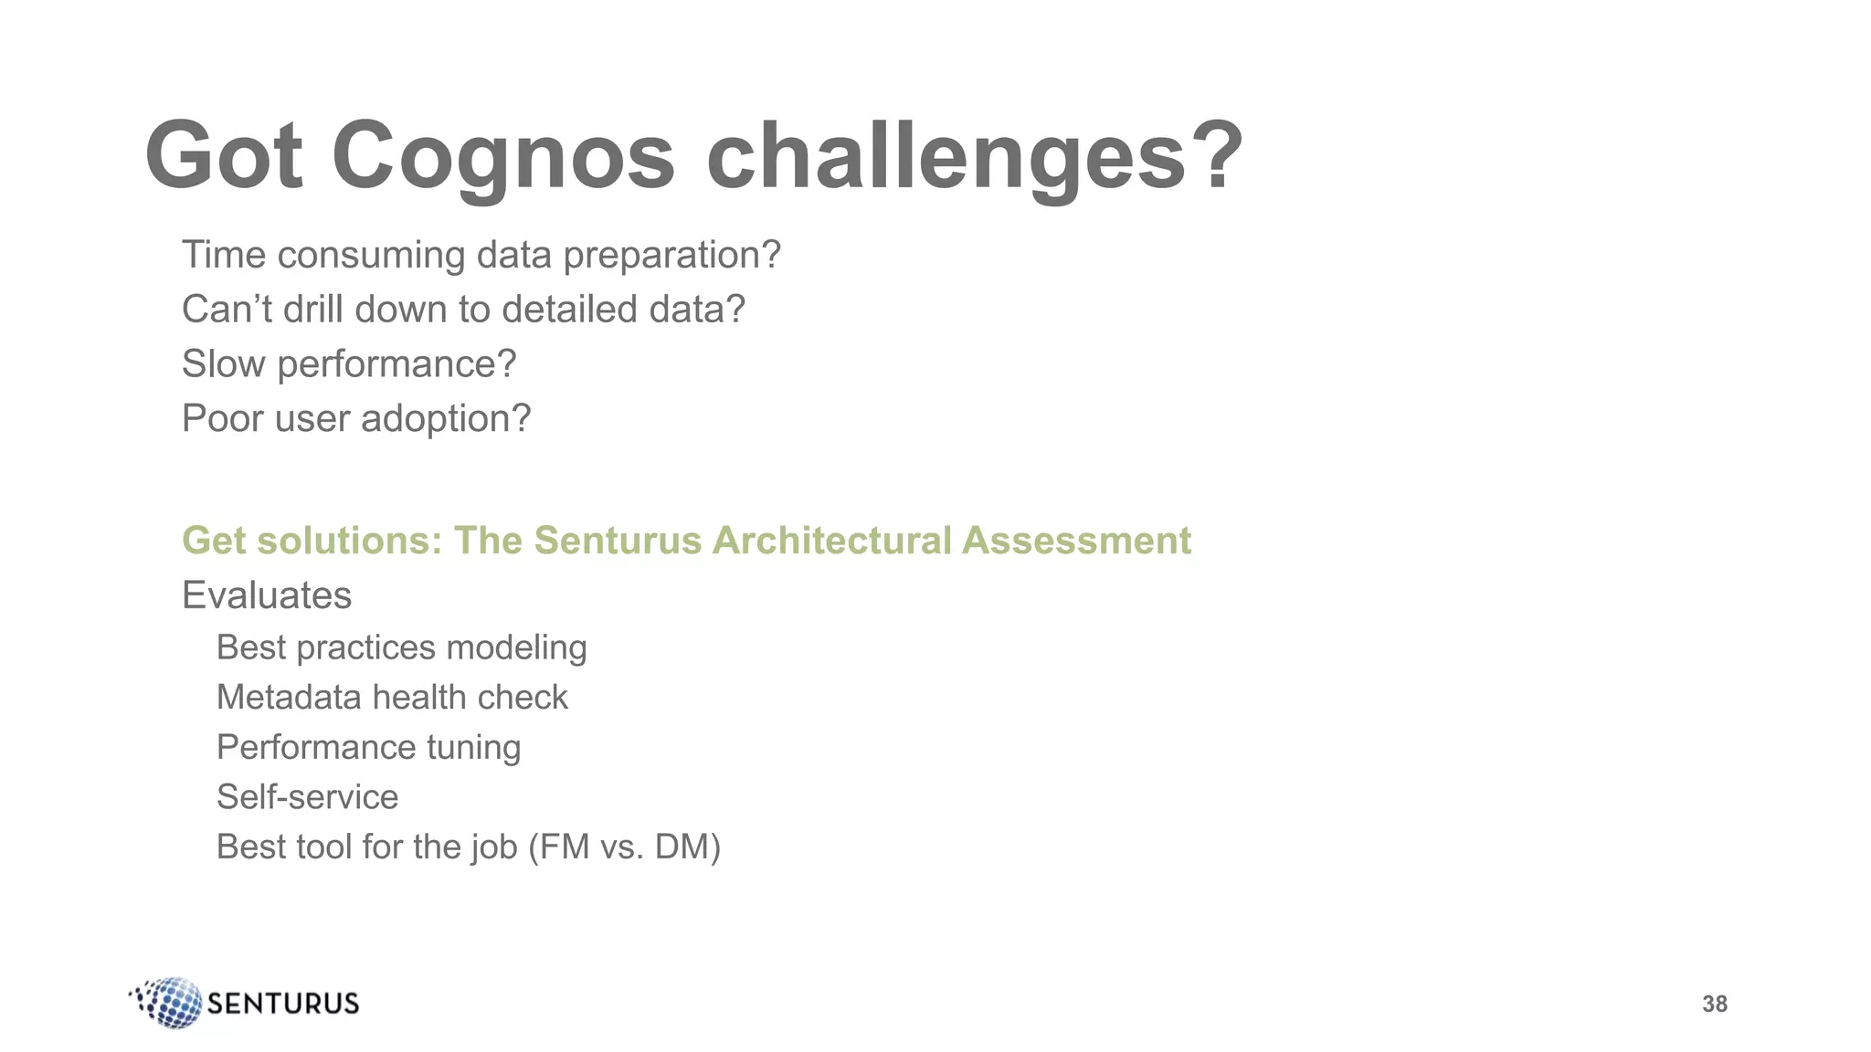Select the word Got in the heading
(224, 157)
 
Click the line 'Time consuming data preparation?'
(481, 255)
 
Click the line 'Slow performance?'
(349, 364)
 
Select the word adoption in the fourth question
(446, 419)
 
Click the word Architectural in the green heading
(831, 541)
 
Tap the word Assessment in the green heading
(1076, 541)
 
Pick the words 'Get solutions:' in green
(312, 541)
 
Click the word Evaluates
(267, 595)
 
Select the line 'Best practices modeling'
(401, 647)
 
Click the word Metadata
(289, 698)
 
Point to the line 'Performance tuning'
(368, 748)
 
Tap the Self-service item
(307, 797)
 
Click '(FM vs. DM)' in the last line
(624, 847)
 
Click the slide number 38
(1714, 1004)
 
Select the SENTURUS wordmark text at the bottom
(283, 1004)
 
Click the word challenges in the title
(946, 157)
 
